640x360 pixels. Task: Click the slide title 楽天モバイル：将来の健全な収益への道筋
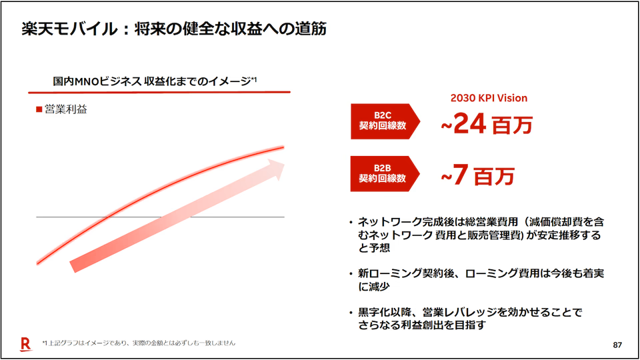[x=174, y=29]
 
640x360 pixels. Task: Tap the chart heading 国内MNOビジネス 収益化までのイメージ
[x=152, y=81]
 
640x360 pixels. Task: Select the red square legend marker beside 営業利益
[x=39, y=109]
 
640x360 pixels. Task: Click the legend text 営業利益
[x=66, y=109]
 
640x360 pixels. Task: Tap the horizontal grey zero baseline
[x=160, y=217]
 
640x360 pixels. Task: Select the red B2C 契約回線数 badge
[x=385, y=121]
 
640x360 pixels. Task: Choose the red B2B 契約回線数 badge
[x=385, y=173]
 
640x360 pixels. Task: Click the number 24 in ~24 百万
[x=470, y=123]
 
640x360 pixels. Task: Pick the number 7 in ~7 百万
[x=461, y=175]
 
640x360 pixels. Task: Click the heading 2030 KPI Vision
[x=489, y=98]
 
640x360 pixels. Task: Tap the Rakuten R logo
[x=26, y=344]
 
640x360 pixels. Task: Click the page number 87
[x=617, y=345]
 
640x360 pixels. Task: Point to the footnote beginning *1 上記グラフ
[x=139, y=343]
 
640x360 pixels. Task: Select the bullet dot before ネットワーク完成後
[x=351, y=223]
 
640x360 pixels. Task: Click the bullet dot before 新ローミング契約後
[x=351, y=274]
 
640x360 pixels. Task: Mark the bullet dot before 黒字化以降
[x=351, y=313]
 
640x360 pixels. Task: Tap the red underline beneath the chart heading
[x=159, y=93]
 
